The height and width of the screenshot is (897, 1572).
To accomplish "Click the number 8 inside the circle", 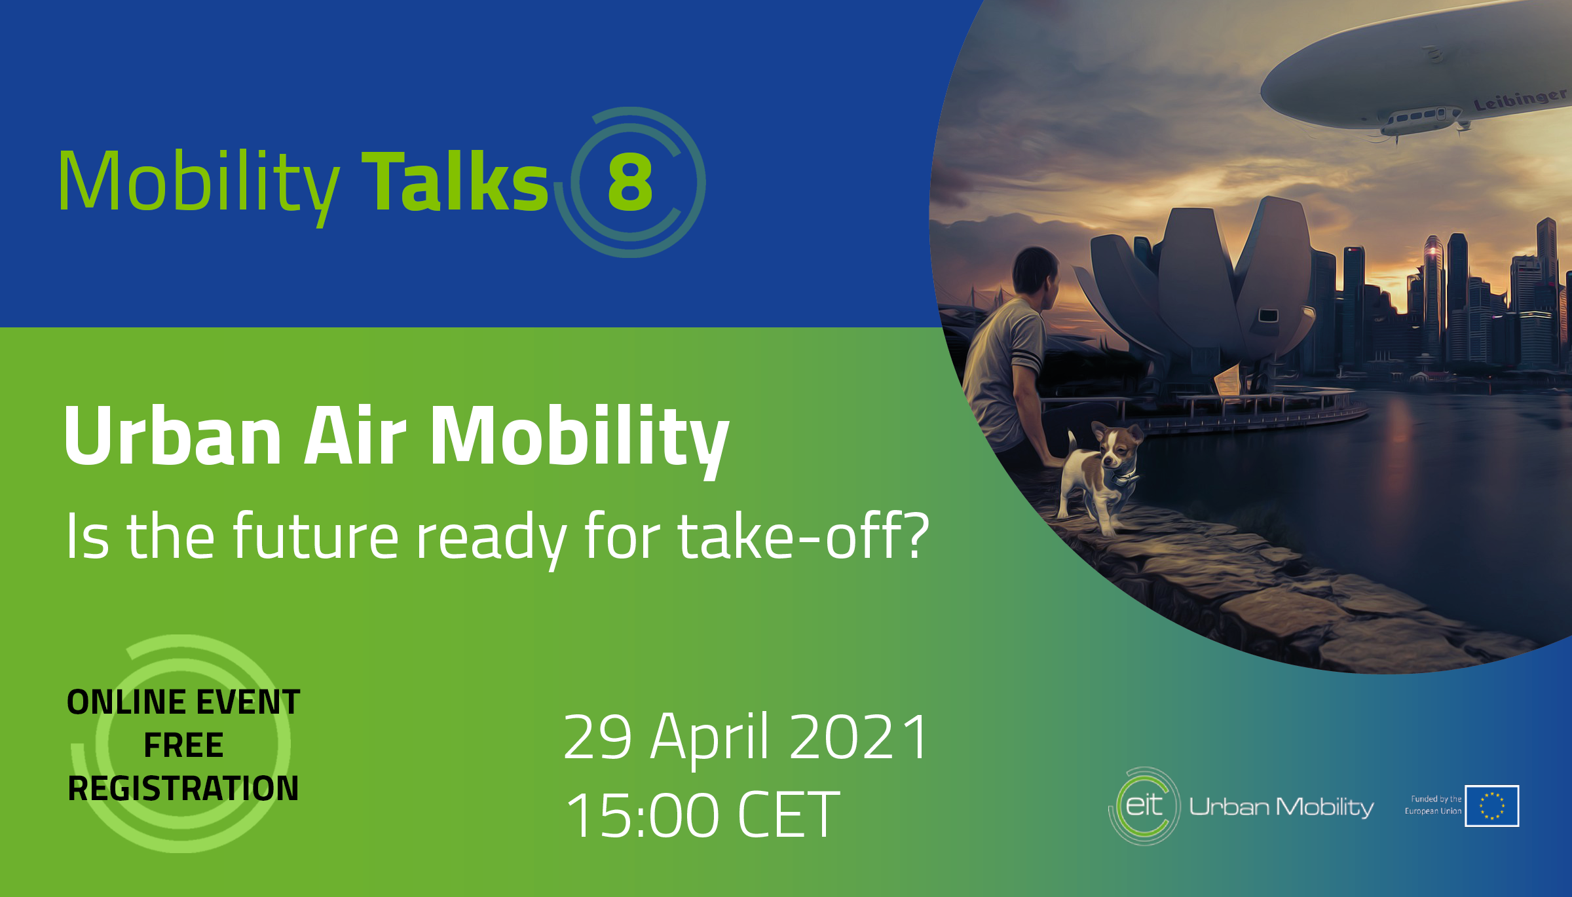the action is pos(630,183).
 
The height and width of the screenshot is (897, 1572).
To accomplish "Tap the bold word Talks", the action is pos(455,181).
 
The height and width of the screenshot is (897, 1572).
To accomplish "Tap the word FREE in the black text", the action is pos(183,745).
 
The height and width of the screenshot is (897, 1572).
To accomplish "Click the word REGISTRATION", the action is pos(183,788).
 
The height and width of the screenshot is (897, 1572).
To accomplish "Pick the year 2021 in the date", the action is pos(859,737).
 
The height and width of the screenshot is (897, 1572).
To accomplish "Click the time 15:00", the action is pos(643,815).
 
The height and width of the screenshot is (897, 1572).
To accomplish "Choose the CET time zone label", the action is pos(789,815).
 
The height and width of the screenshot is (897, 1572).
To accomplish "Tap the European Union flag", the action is pos(1492,806).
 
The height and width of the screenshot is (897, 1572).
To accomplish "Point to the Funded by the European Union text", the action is pos(1433,805).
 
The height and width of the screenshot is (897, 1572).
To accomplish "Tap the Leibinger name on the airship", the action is pos(1520,98).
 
